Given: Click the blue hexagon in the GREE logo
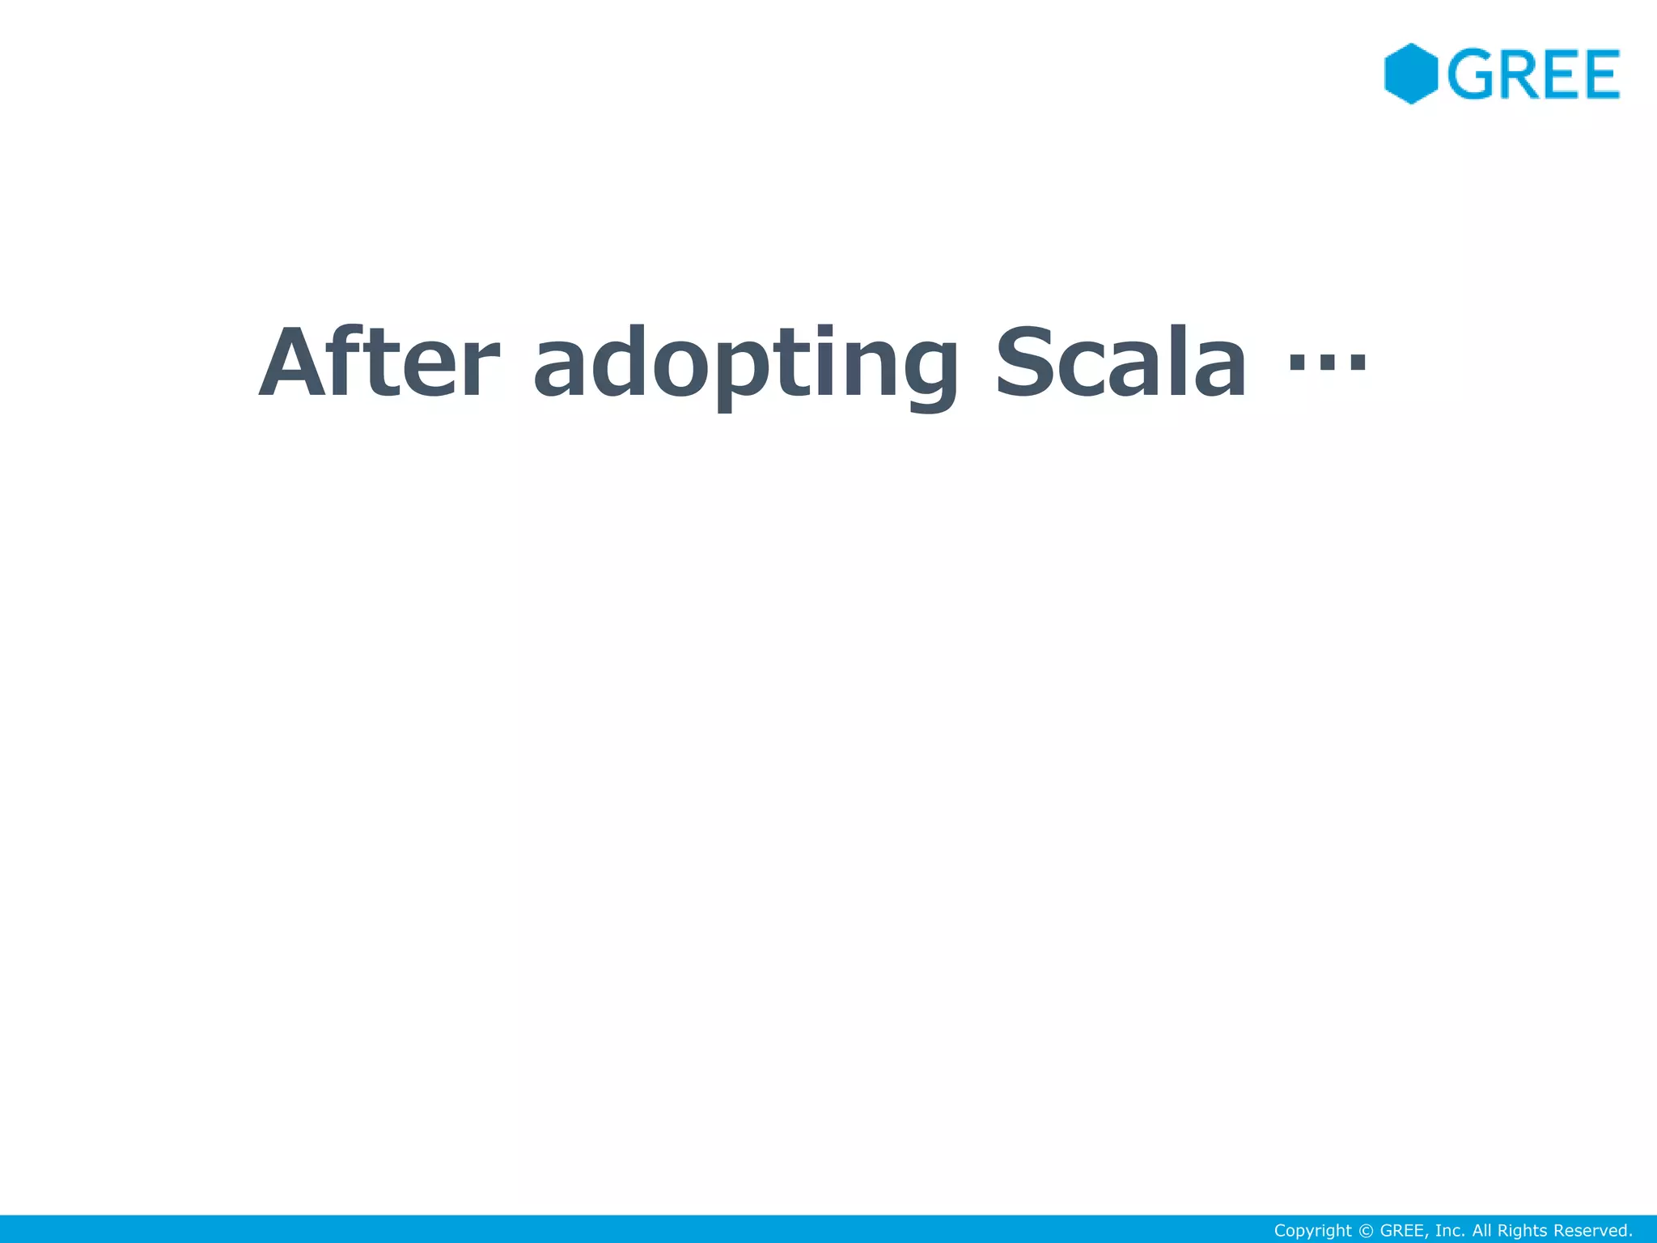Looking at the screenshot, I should coord(1410,74).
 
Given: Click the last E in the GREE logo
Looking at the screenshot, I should coord(1597,74).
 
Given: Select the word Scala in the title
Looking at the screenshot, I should coord(1121,363).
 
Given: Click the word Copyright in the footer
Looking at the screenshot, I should coord(1312,1231).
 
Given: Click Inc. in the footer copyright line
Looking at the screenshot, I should coord(1450,1231).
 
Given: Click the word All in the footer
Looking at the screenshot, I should coord(1482,1231).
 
